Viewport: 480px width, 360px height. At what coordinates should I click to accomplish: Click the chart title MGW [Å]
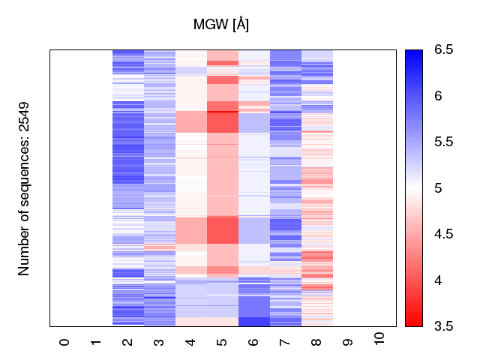pos(221,25)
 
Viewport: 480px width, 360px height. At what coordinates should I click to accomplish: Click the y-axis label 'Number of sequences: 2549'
pos(24,188)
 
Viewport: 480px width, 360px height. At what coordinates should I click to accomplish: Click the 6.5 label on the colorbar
pos(442,50)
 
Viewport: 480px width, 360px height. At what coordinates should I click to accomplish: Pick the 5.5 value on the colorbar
pos(442,142)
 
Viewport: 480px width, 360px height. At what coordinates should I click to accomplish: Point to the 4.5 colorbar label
pos(442,234)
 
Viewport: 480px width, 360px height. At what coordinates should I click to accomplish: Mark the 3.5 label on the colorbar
pos(442,326)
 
